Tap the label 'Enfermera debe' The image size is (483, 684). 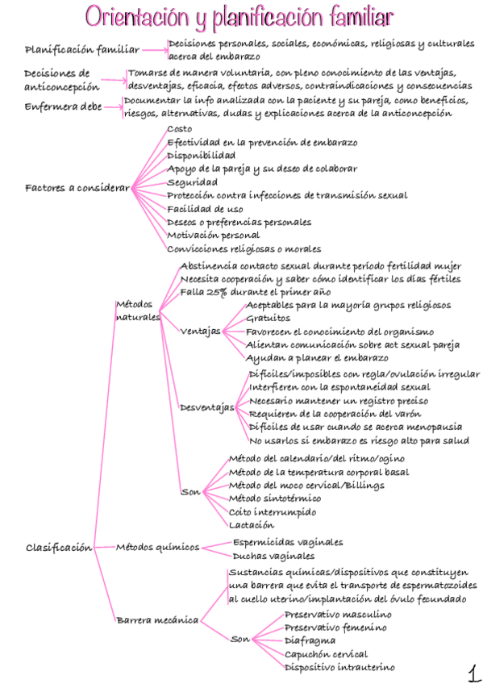pyautogui.click(x=63, y=106)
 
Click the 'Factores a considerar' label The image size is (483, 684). pyautogui.click(x=77, y=188)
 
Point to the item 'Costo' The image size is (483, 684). pyautogui.click(x=179, y=128)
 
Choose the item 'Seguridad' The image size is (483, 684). pyautogui.click(x=192, y=181)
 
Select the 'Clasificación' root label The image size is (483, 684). pyautogui.click(x=59, y=547)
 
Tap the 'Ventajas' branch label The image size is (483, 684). pyautogui.click(x=201, y=331)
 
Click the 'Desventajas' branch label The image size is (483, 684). pyautogui.click(x=206, y=407)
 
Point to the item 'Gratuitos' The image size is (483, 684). pyautogui.click(x=268, y=319)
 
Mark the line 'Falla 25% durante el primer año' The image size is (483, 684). pyautogui.click(x=256, y=292)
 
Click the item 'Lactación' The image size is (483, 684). pyautogui.click(x=251, y=525)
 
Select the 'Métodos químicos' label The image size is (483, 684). pyautogui.click(x=157, y=548)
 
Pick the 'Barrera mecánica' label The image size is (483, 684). pyautogui.click(x=157, y=620)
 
